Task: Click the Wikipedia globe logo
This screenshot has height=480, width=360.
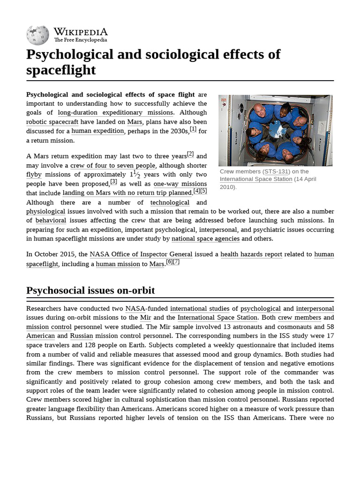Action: tap(37, 35)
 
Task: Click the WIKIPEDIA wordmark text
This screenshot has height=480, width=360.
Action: tap(81, 32)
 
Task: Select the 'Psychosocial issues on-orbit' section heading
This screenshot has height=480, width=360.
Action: tap(90, 291)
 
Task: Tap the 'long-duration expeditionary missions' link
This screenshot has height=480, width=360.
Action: tap(115, 112)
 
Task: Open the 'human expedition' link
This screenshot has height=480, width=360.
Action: tap(97, 131)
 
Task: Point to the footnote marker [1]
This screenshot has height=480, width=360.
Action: tap(193, 129)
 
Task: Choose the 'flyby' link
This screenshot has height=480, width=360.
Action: tap(34, 175)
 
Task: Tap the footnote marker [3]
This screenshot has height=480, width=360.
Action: tap(114, 182)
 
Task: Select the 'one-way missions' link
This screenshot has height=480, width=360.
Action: tap(180, 184)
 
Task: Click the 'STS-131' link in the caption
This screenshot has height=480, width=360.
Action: tap(277, 172)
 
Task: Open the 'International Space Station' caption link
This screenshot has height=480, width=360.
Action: tap(256, 179)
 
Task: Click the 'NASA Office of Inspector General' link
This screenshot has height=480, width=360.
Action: tap(141, 255)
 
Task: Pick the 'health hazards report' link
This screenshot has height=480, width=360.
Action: tap(251, 255)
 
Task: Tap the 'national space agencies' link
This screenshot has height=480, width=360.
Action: tap(205, 239)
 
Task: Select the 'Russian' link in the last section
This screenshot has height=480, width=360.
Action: tap(82, 336)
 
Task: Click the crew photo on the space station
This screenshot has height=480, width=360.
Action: tap(276, 130)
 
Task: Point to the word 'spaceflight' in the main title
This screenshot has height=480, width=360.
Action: tap(61, 70)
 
